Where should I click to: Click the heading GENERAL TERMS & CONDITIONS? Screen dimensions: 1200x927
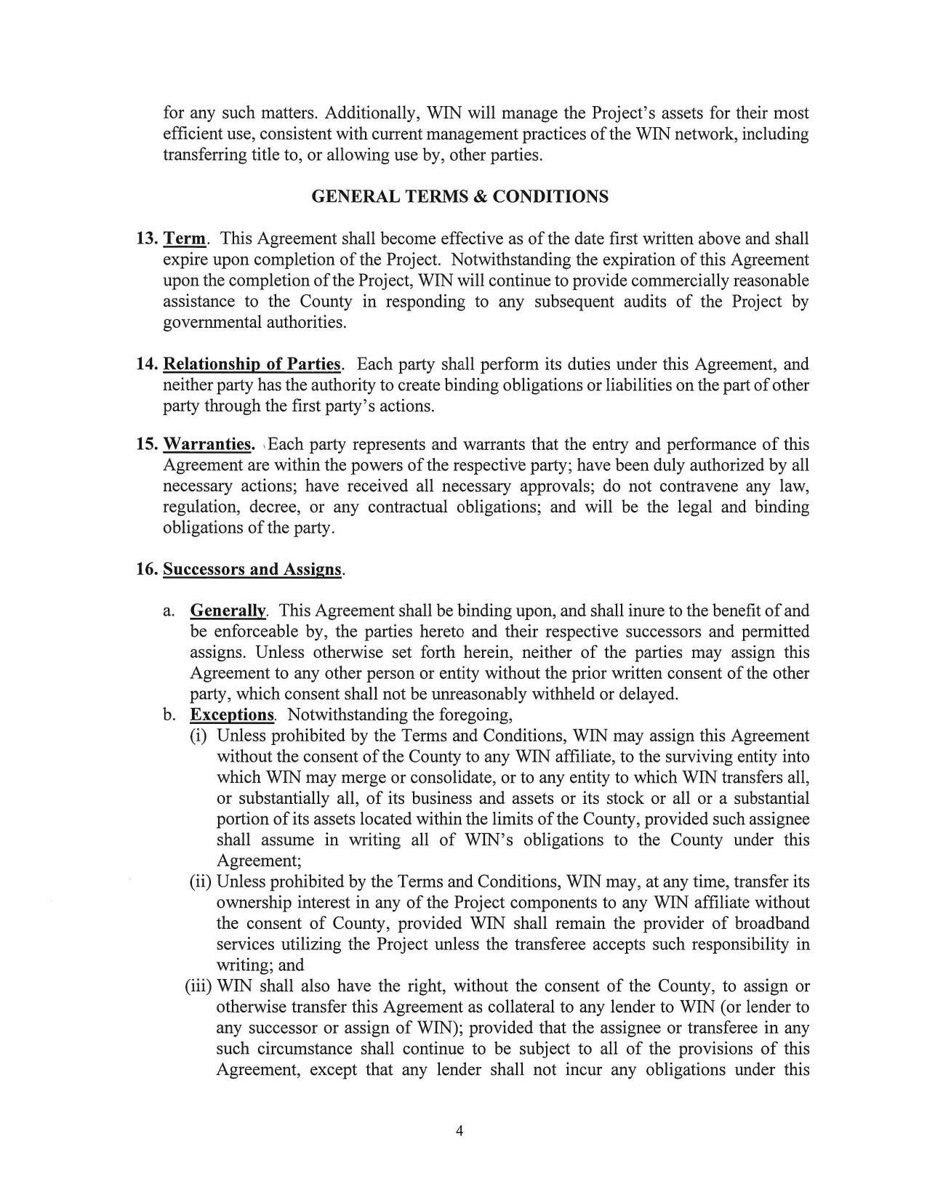click(460, 197)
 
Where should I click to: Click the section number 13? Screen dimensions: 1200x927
click(146, 239)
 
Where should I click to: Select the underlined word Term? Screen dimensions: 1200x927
click(185, 239)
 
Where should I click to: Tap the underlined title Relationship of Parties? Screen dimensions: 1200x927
click(252, 364)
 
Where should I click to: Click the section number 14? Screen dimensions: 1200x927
click(146, 364)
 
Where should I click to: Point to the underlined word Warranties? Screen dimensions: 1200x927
click(208, 444)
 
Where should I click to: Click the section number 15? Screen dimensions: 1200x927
click(146, 444)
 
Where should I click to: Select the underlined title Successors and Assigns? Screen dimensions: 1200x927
click(252, 569)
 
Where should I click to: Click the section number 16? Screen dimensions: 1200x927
click(146, 569)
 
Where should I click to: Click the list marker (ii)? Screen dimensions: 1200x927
click(200, 882)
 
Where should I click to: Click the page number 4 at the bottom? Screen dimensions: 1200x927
click(459, 1130)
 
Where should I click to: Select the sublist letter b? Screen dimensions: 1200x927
click(169, 715)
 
